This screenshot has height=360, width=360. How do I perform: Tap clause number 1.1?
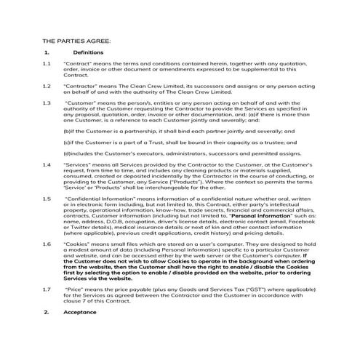point(47,64)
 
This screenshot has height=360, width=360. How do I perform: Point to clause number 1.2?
point(47,86)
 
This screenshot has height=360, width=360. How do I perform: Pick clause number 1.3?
point(47,103)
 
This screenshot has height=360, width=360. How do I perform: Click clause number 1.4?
point(47,164)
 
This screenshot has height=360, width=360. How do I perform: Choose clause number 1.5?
point(47,197)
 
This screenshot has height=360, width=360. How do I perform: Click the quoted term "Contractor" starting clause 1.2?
point(81,86)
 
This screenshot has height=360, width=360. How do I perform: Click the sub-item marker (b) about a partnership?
point(68,131)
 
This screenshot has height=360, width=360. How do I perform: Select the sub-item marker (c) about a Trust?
point(68,143)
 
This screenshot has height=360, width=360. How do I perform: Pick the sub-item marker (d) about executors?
point(68,153)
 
